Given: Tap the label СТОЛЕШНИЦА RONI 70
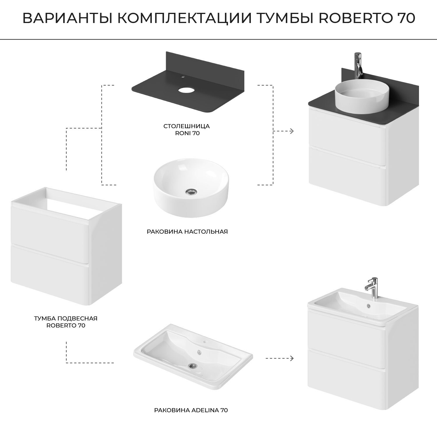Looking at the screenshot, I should (186, 130).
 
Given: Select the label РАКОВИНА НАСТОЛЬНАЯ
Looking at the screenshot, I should (187, 232).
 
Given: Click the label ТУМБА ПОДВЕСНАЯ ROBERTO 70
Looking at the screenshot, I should (66, 322).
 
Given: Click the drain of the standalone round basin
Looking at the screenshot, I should (191, 191).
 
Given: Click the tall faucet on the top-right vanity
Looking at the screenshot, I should (358, 66).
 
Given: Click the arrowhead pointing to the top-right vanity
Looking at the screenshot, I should (291, 131).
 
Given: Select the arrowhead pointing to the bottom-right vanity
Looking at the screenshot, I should (291, 358).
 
